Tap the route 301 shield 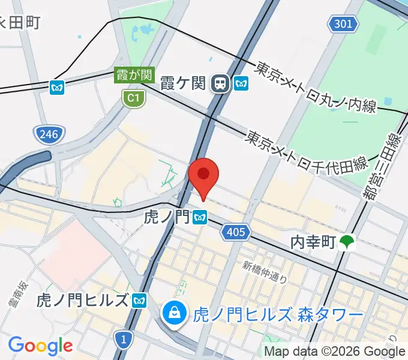tap(344, 24)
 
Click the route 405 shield tap(236, 231)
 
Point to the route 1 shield tap(123, 340)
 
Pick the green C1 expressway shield tap(133, 98)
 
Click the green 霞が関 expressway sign tap(135, 76)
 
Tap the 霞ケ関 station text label tap(184, 83)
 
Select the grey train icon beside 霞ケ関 tap(221, 83)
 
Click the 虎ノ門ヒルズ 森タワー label tap(278, 314)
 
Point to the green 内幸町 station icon tap(347, 242)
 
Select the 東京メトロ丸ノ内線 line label tap(316, 86)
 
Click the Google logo tap(40, 346)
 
